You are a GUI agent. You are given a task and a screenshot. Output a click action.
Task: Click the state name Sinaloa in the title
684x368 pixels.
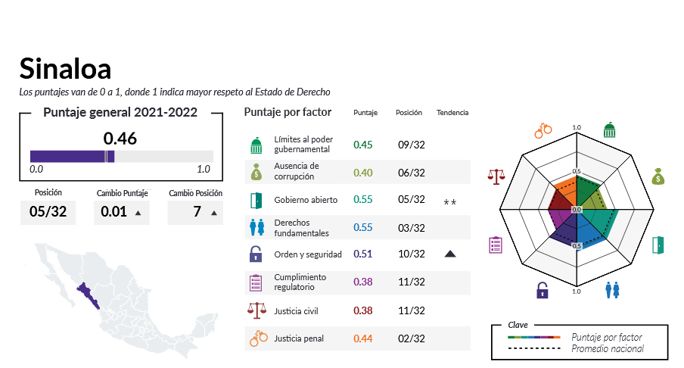point(65,69)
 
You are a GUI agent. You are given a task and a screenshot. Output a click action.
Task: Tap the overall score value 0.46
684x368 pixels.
point(120,139)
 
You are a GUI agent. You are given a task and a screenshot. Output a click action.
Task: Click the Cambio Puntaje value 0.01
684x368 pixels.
point(113,211)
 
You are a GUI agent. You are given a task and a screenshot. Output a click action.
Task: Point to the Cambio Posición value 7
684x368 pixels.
point(197,211)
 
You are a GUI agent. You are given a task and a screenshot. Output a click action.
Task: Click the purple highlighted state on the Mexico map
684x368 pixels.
point(94,293)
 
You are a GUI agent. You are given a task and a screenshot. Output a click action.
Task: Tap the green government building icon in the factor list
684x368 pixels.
point(256,145)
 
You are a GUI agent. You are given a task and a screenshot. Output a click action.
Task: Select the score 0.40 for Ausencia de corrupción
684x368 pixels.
point(363,173)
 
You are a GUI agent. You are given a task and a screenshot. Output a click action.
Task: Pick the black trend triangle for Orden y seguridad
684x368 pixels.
point(450,254)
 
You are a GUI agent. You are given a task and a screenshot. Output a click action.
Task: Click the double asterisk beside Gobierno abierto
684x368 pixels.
point(450,202)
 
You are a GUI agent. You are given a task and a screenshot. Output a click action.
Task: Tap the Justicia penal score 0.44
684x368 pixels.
point(363,338)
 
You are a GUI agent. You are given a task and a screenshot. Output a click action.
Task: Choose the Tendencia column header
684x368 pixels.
point(452,113)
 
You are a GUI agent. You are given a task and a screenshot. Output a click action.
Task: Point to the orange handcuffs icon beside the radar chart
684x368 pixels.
point(543,129)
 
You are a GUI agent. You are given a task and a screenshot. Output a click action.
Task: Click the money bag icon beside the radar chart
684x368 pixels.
point(658,176)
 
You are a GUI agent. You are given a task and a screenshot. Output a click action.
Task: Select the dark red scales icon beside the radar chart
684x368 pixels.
point(497,176)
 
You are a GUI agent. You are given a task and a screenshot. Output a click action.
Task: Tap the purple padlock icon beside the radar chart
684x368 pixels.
point(543,289)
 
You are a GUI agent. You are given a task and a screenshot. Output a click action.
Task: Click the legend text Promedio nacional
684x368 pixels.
point(608,348)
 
